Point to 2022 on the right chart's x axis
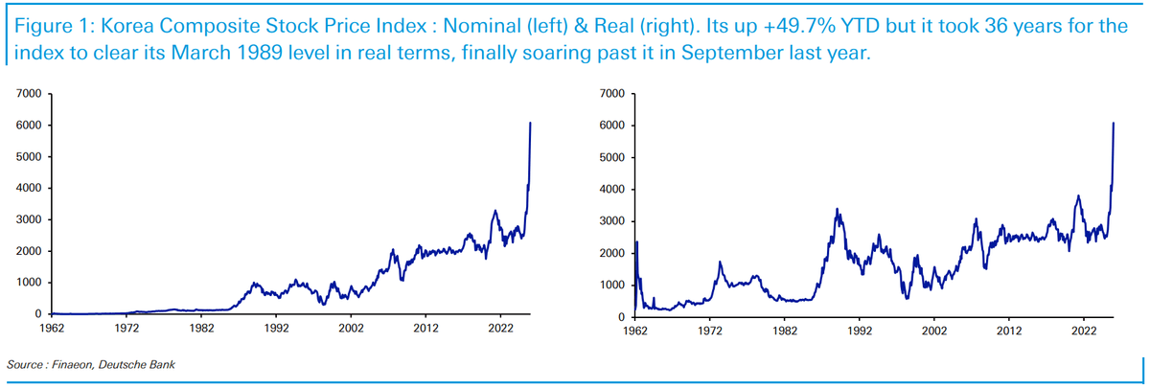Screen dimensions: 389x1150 click(x=1083, y=331)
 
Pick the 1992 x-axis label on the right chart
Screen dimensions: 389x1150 click(x=859, y=331)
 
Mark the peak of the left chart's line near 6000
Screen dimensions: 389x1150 click(x=530, y=124)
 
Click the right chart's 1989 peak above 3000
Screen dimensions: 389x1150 click(x=838, y=209)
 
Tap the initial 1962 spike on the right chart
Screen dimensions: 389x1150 click(x=636, y=241)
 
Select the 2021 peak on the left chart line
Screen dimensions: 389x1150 click(x=494, y=211)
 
